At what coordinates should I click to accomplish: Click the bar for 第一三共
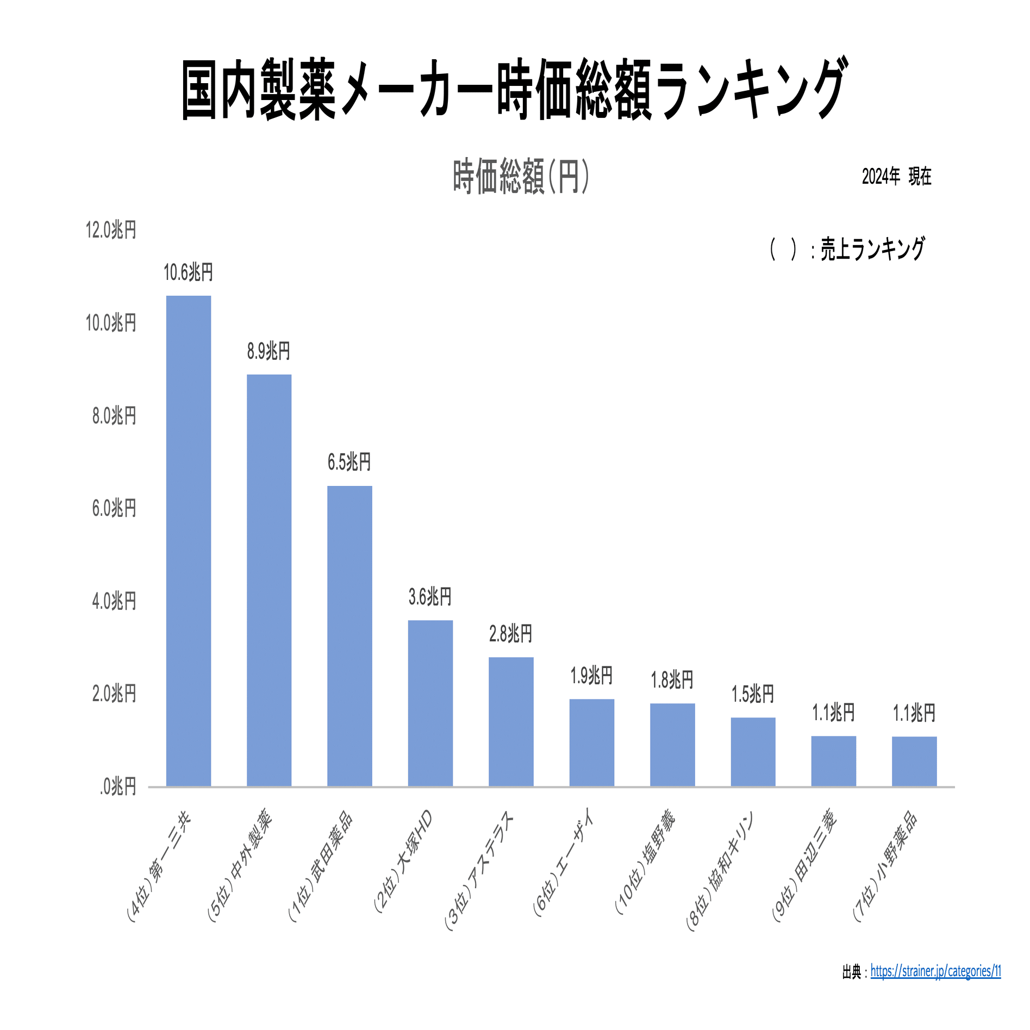(188, 540)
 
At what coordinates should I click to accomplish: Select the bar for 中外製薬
(269, 580)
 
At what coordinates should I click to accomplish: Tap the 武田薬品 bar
(349, 635)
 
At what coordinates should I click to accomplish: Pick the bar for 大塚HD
(430, 703)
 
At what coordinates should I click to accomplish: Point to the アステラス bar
(511, 721)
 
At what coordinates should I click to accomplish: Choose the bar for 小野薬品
(914, 761)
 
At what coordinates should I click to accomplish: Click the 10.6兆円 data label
(188, 272)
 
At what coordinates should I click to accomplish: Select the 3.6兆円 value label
(430, 597)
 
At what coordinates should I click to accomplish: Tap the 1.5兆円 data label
(753, 694)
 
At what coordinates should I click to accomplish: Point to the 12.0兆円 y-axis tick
(111, 230)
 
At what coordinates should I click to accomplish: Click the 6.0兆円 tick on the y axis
(114, 508)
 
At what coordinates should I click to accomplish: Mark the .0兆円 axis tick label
(117, 786)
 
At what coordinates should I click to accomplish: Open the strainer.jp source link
(935, 971)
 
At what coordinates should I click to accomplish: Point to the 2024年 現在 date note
(896, 177)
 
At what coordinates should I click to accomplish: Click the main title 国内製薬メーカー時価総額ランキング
(514, 90)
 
